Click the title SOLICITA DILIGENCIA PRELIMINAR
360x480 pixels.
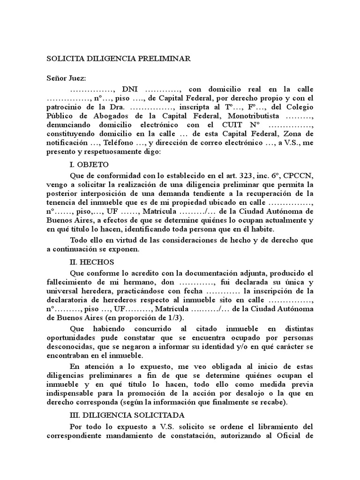click(x=118, y=59)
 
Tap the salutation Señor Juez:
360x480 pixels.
click(x=66, y=77)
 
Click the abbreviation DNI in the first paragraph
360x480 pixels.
click(x=129, y=89)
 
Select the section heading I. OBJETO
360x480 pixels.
click(x=89, y=165)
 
